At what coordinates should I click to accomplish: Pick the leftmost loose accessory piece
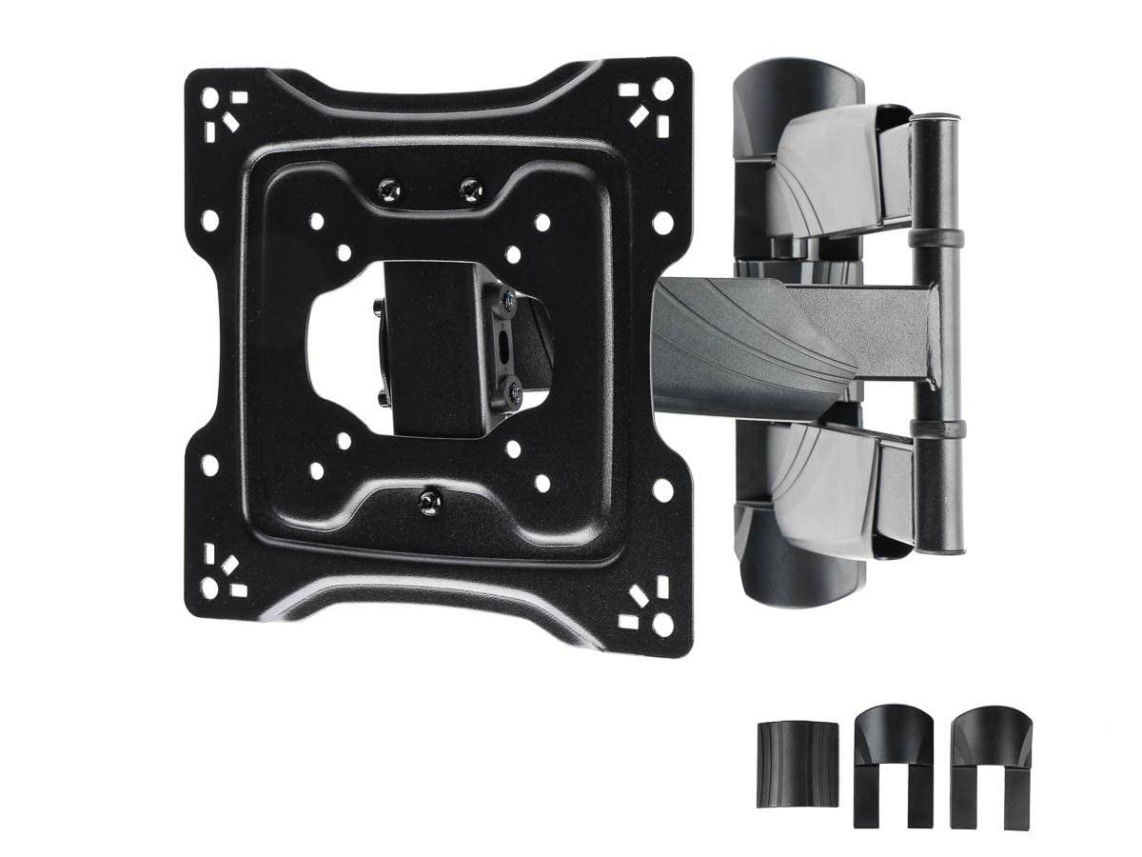(x=786, y=750)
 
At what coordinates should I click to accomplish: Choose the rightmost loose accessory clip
(x=984, y=743)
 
